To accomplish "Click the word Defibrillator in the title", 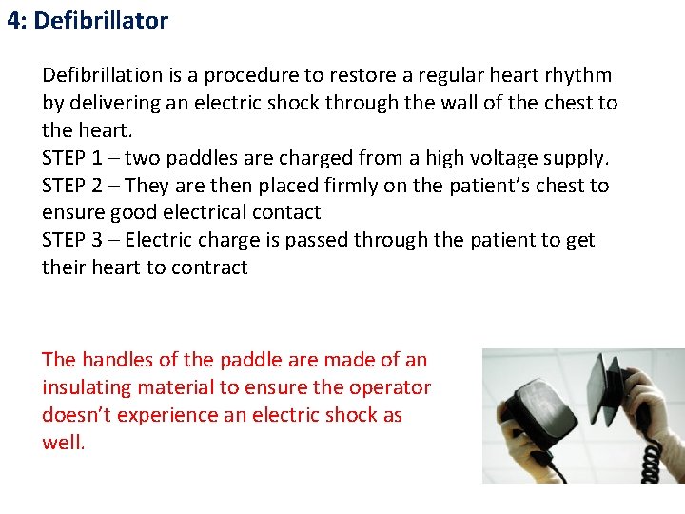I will pyautogui.click(x=101, y=21).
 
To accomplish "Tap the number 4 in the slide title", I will pyautogui.click(x=13, y=21).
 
